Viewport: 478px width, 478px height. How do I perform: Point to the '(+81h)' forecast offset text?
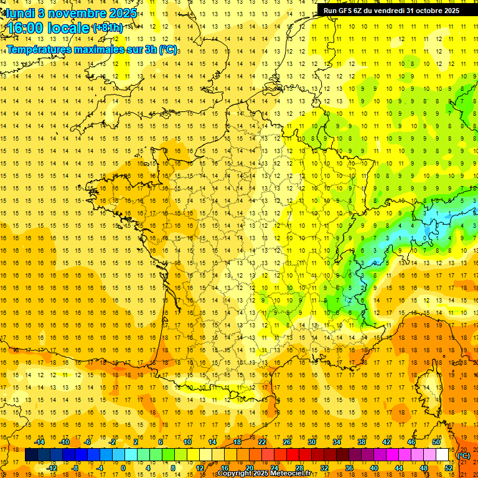pos(108,28)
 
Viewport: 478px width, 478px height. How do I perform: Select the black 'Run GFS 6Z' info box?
pos(391,10)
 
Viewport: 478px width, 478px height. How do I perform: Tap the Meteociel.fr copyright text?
pos(264,474)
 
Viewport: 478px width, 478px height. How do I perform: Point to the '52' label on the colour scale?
pos(449,468)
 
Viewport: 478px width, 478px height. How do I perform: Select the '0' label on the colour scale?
pos(123,468)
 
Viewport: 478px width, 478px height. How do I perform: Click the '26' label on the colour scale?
pos(287,442)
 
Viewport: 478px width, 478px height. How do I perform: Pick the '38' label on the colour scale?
pos(362,442)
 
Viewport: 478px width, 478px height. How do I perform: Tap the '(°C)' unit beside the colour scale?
pos(464,456)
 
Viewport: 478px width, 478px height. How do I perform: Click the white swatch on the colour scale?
pos(443,455)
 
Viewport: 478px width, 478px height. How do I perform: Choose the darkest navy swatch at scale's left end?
pos(31,455)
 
